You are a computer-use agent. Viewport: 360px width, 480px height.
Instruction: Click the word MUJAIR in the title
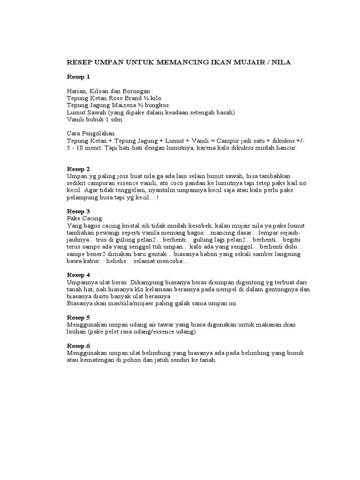[241, 62]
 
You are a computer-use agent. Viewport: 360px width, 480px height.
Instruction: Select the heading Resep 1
[78, 76]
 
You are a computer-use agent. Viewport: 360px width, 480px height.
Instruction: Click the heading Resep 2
[78, 169]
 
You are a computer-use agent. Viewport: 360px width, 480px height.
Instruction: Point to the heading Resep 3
[78, 211]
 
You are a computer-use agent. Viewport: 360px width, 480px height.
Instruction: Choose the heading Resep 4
[78, 275]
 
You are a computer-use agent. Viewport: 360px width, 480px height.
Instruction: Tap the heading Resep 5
[78, 317]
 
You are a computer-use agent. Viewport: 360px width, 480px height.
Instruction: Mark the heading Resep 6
[78, 345]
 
